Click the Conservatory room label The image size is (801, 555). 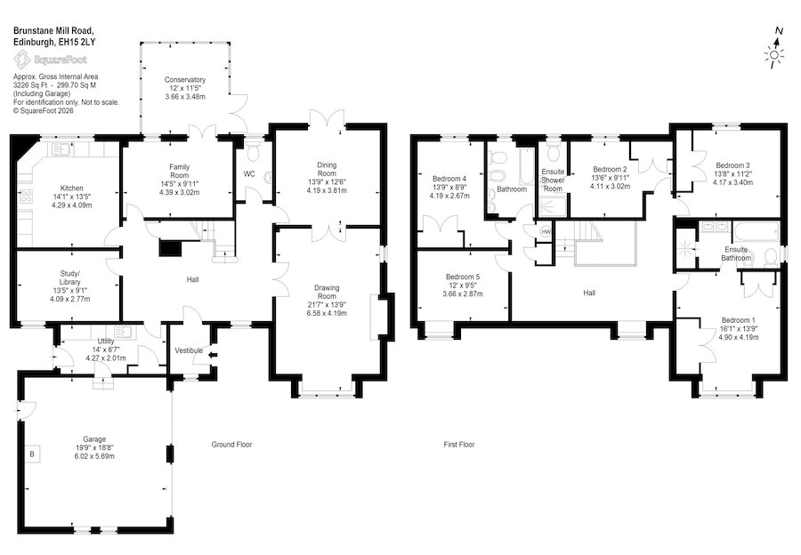pyautogui.click(x=185, y=80)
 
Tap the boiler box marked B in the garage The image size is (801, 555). pyautogui.click(x=32, y=454)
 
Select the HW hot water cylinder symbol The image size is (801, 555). pyautogui.click(x=546, y=232)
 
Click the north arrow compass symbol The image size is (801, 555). pyautogui.click(x=775, y=48)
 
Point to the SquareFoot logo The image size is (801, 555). pyautogui.click(x=50, y=60)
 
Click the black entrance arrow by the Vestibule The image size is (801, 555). pyautogui.click(x=213, y=356)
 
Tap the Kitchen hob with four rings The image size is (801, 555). pyautogui.click(x=26, y=196)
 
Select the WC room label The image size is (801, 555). pyautogui.click(x=249, y=174)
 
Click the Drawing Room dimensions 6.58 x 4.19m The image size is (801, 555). pyautogui.click(x=327, y=312)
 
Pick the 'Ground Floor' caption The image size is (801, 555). pyautogui.click(x=232, y=445)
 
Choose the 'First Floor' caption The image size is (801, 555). pyautogui.click(x=459, y=445)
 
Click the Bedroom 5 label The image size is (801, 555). pyautogui.click(x=463, y=277)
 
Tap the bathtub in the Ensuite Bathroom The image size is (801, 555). pyautogui.click(x=756, y=231)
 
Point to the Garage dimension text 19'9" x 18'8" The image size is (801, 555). pyautogui.click(x=94, y=447)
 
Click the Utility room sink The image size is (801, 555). pyautogui.click(x=123, y=333)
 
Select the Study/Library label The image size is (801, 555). pyautogui.click(x=70, y=277)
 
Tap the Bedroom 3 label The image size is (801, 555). pyautogui.click(x=732, y=165)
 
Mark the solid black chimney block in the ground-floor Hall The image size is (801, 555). pyautogui.click(x=171, y=248)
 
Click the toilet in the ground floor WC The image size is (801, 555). pyautogui.click(x=253, y=149)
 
